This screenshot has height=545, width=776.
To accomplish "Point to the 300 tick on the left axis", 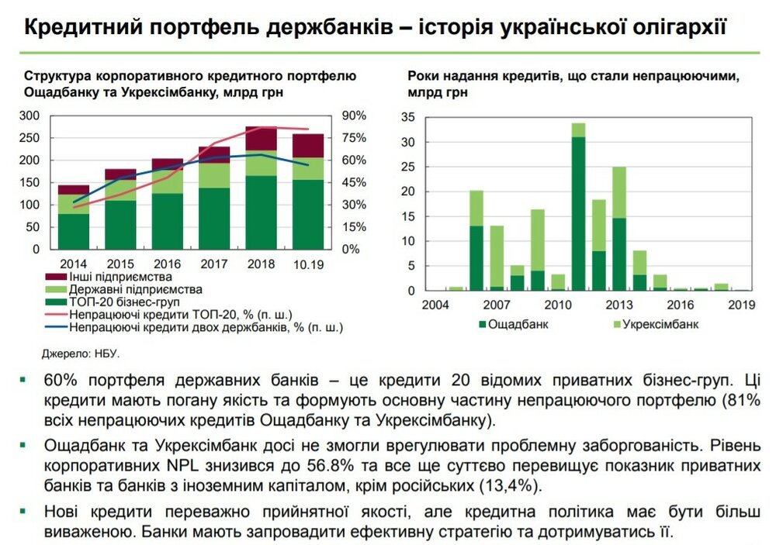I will [29, 116].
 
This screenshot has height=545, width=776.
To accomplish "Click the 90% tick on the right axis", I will [353, 116].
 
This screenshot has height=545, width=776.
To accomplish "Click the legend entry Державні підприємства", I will [124, 289].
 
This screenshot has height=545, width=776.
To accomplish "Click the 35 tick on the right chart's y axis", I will [408, 118].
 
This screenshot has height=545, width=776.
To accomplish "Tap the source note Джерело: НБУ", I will [81, 354].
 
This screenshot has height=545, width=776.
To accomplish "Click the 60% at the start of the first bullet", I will [60, 381].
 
